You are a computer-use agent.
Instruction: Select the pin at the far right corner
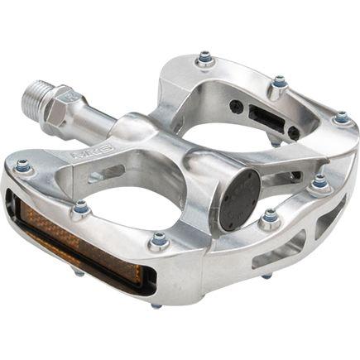(341, 118)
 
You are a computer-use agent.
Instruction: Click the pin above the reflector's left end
(22, 166)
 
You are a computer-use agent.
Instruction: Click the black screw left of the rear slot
(238, 106)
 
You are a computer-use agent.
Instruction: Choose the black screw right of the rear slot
(294, 132)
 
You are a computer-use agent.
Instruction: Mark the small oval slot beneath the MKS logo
(97, 175)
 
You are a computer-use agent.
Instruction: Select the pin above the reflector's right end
(159, 241)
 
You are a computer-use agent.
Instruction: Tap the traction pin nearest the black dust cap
(269, 218)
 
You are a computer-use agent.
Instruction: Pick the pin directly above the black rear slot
(280, 82)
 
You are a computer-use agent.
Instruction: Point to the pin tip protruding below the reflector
(156, 305)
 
